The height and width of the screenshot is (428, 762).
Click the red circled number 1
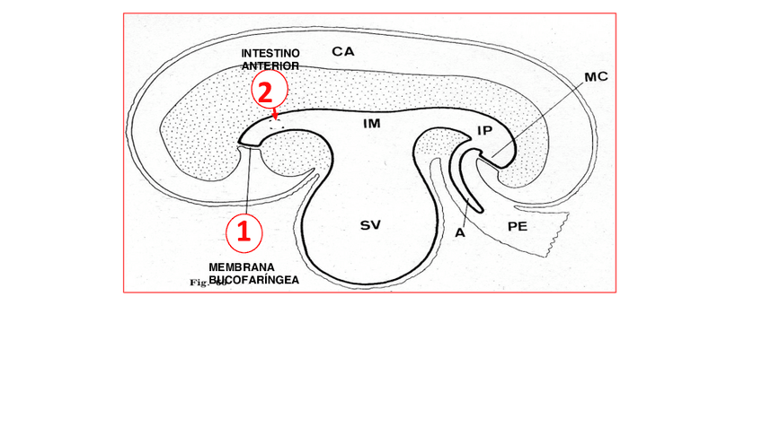[x=243, y=231]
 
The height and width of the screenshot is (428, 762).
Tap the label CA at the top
[x=342, y=51]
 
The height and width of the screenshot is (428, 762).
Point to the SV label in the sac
[x=370, y=225]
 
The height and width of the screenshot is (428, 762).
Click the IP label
[x=484, y=131]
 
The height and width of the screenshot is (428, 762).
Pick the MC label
[x=596, y=77]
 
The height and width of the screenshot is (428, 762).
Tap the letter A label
[x=459, y=232]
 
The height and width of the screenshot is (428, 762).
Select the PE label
[x=517, y=226]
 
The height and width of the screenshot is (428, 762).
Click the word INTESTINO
[x=270, y=54]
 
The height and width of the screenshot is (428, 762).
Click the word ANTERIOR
[x=270, y=66]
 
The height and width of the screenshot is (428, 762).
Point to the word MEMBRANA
[x=241, y=267]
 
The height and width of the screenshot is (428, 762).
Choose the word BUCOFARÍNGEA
[x=254, y=279]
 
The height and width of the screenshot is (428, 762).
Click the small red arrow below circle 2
[x=275, y=113]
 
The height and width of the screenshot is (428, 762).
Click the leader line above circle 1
[x=247, y=179]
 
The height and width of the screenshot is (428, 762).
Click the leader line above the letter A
[x=465, y=205]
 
